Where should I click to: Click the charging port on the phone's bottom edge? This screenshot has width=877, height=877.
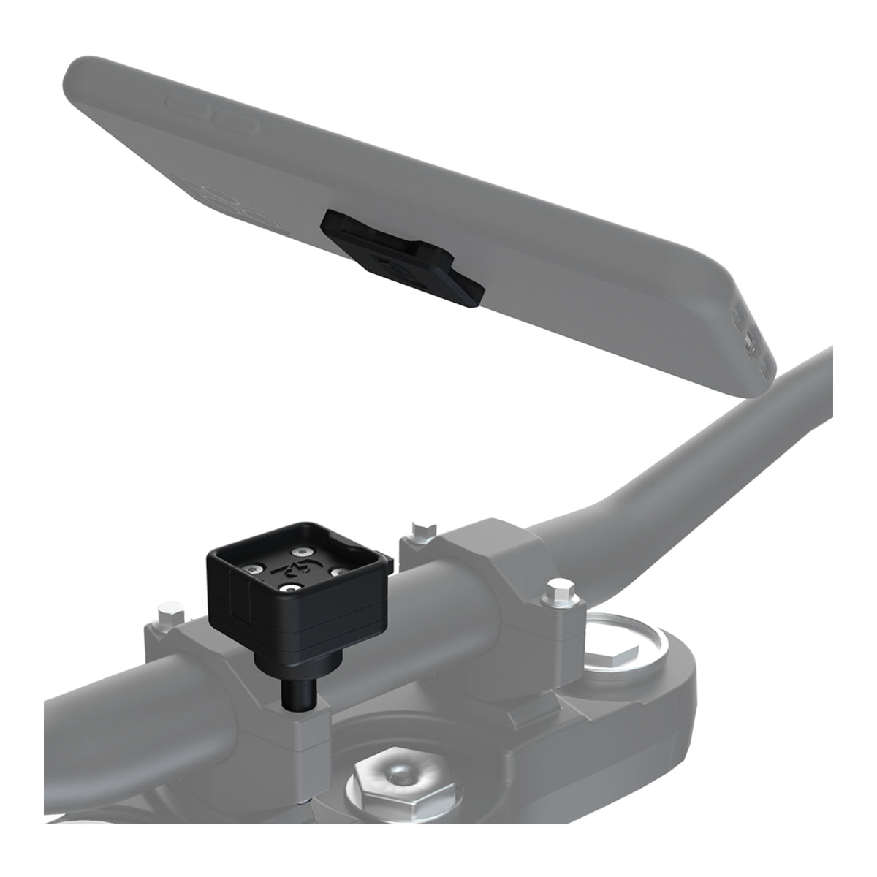tap(748, 340)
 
